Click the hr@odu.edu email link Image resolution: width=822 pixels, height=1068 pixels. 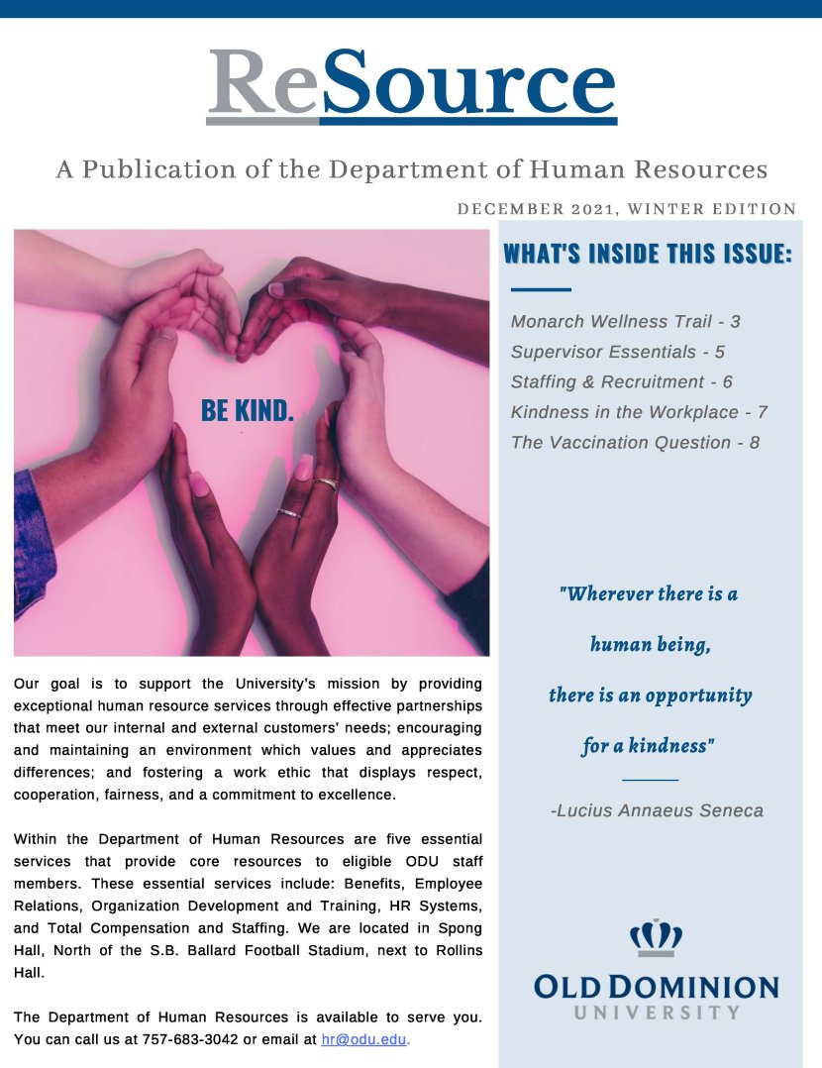[364, 1040]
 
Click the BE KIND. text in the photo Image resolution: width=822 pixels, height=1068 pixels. [248, 410]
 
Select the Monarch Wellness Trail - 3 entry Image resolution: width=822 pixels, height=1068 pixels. [625, 322]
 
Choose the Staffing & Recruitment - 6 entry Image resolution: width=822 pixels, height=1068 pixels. [621, 382]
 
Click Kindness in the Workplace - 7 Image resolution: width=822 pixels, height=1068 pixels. [639, 412]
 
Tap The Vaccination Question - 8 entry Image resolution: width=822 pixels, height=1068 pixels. [635, 443]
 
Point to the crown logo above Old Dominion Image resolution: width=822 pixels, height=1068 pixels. [656, 937]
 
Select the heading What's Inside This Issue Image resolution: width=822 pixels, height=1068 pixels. [648, 254]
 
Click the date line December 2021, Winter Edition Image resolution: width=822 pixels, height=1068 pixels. [627, 209]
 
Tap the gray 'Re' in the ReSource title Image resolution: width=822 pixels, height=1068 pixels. [262, 83]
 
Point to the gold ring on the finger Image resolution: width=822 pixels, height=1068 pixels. [327, 483]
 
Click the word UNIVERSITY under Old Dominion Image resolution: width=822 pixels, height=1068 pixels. [657, 1013]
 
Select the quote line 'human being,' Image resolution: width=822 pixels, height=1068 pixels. [650, 645]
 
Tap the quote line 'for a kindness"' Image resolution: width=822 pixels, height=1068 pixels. [649, 746]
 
